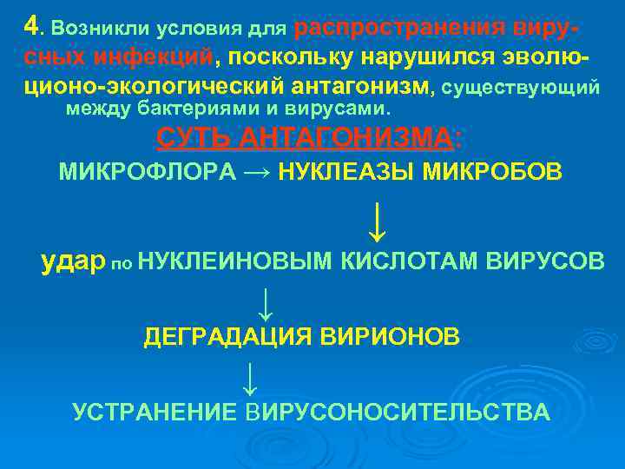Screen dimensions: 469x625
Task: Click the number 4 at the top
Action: (31, 26)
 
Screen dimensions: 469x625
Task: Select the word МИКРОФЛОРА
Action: (147, 172)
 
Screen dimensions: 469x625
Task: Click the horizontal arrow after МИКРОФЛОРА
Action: (258, 172)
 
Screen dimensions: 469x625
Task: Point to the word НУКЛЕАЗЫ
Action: (346, 172)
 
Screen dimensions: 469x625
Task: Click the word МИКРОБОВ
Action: (492, 172)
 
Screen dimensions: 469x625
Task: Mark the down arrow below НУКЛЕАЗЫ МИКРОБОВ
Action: (377, 222)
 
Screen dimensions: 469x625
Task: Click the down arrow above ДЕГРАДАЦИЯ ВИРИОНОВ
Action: (266, 302)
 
